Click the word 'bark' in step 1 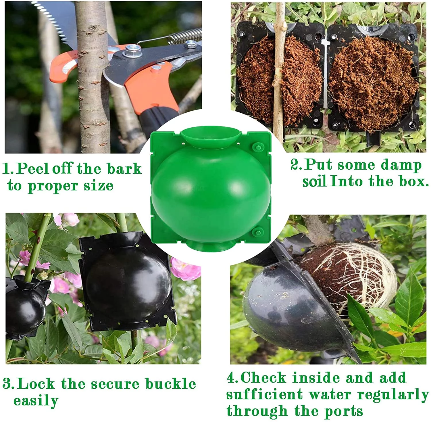(124, 169)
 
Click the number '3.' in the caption (9, 384)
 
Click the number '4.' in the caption (233, 378)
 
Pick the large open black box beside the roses (128, 282)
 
